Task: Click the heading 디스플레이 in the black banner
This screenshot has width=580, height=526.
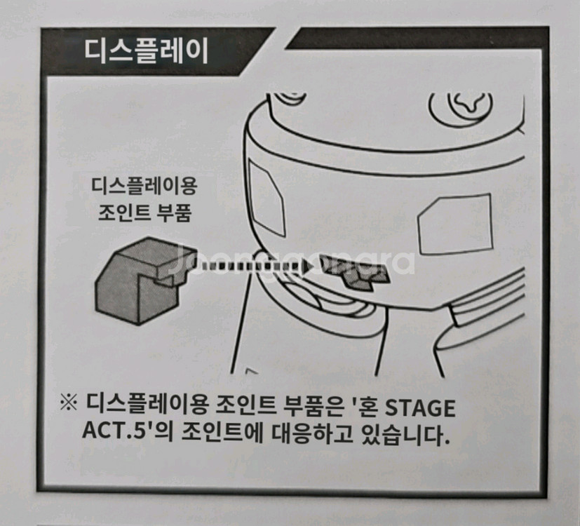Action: click(146, 51)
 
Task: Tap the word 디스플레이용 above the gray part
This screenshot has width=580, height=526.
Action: click(145, 187)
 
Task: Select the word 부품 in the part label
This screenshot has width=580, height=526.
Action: click(174, 212)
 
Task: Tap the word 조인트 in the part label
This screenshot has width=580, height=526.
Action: click(126, 212)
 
